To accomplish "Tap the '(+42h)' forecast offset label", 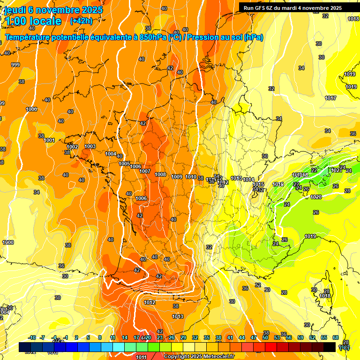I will click(81, 21).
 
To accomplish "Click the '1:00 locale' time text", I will click(33, 21).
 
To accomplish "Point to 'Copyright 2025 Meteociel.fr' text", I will click(199, 356).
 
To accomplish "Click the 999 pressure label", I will click(15, 65).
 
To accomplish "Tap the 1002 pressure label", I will click(72, 147).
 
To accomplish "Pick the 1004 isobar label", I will click(111, 154).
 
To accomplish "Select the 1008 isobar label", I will click(160, 174).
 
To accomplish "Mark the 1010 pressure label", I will click(191, 177).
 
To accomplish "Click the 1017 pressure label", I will click(330, 98).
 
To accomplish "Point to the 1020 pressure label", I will click(316, 197).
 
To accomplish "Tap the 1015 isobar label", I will click(258, 184).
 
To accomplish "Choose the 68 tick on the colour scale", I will click(336, 337).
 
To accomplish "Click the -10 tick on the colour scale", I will click(32, 337).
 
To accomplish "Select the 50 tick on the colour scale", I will click(265, 337).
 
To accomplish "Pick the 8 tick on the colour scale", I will click(100, 337).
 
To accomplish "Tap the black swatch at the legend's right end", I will click(330, 347).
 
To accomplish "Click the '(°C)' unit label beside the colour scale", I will click(344, 347).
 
